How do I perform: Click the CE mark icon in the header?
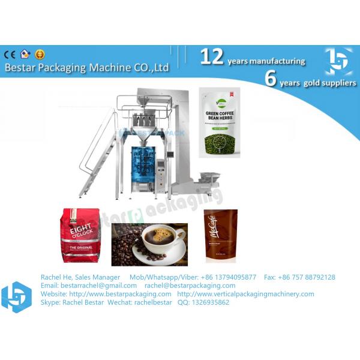pyautogui.click(x=10, y=55)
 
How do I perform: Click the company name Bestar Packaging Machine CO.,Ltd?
pyautogui.click(x=87, y=68)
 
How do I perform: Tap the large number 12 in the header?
pyautogui.click(x=212, y=57)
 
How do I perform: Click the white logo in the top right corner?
pyautogui.click(x=339, y=61)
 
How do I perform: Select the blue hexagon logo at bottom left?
pyautogui.click(x=16, y=296)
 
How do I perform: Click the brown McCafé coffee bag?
pyautogui.click(x=220, y=235)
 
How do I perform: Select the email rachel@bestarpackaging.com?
pyautogui.click(x=190, y=286)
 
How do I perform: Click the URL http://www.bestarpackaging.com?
pyautogui.click(x=120, y=294)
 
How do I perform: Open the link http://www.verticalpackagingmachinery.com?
pyautogui.click(x=245, y=294)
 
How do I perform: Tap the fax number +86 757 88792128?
pyautogui.click(x=307, y=277)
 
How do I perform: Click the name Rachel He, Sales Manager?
pyautogui.click(x=80, y=277)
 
